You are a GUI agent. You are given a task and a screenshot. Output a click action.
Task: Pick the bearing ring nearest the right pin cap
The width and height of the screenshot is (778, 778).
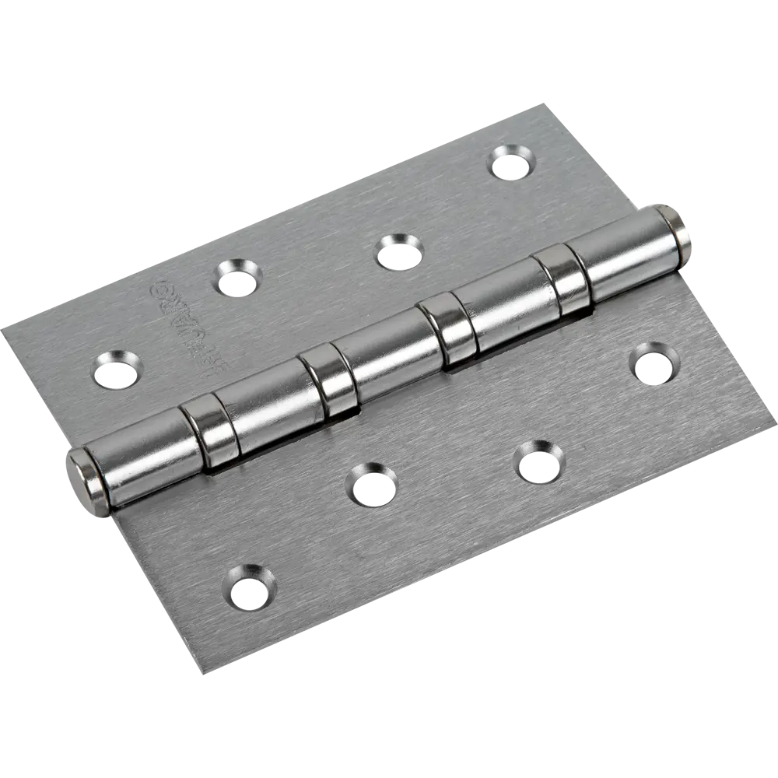tap(562, 278)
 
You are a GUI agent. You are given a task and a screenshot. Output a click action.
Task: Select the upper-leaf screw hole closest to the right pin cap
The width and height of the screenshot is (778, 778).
tap(513, 161)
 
